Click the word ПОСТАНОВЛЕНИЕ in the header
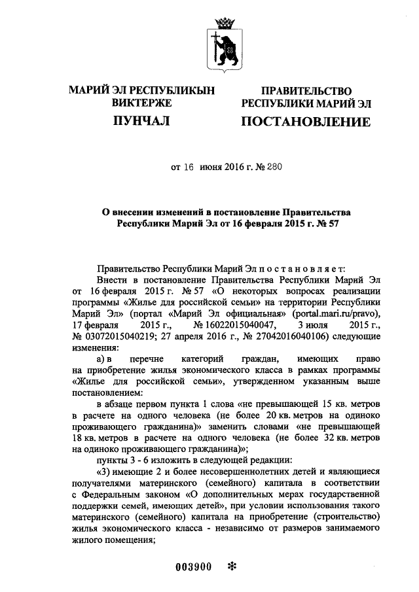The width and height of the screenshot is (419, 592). [306, 122]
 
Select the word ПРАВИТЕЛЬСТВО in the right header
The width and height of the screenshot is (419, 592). [306, 92]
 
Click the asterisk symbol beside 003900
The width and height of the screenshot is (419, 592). [230, 566]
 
